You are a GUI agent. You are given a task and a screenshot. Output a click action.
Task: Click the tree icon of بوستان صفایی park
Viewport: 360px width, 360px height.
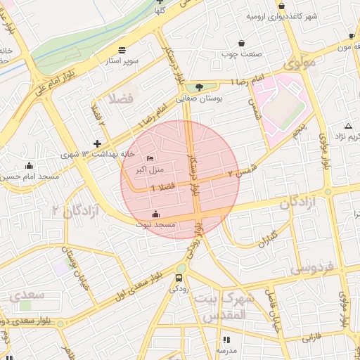[x=200, y=88]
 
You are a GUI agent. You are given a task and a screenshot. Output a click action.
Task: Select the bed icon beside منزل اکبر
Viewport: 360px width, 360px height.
[x=150, y=157]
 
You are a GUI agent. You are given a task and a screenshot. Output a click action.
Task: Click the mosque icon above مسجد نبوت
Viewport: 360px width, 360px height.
[x=155, y=214]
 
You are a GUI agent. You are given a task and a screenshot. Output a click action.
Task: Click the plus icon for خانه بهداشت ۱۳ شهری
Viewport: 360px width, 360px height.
[x=97, y=143]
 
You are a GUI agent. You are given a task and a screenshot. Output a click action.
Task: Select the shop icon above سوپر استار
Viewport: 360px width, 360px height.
[x=122, y=50]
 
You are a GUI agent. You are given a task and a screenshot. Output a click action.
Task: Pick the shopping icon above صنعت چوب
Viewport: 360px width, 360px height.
[x=242, y=43]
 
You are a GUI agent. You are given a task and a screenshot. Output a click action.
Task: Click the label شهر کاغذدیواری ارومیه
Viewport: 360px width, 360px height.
[x=281, y=15]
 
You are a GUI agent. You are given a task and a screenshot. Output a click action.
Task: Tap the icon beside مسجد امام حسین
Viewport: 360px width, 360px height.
[x=29, y=166]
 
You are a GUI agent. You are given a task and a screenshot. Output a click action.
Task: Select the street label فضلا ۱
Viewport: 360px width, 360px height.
[x=162, y=186]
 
